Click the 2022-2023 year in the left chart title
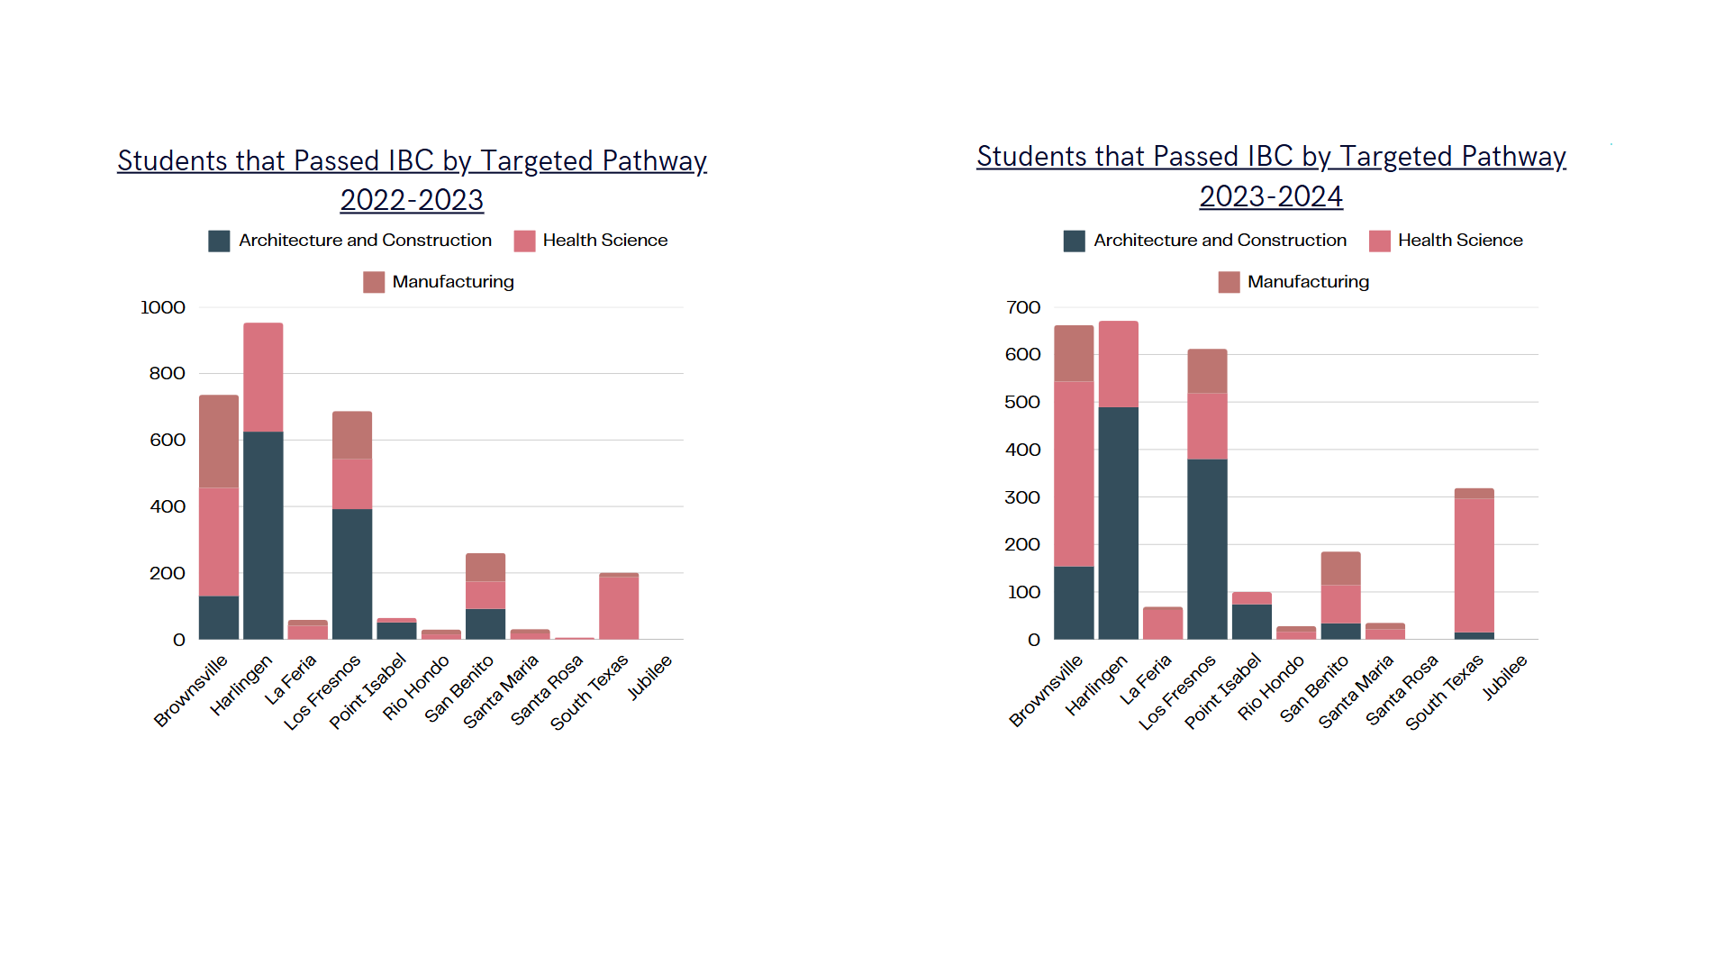click(412, 200)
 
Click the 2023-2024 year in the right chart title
click(1270, 196)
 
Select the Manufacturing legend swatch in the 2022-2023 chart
click(373, 282)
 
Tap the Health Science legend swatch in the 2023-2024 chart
click(1379, 241)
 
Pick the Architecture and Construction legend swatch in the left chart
click(219, 241)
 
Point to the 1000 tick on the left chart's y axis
click(163, 308)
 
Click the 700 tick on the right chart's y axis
click(1023, 308)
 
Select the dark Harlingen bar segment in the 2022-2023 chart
click(263, 535)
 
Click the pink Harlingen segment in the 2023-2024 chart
click(1118, 364)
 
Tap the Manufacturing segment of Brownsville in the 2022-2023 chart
click(219, 441)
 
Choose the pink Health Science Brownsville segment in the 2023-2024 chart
click(1074, 474)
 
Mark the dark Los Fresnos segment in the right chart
click(1207, 549)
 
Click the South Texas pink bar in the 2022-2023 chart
click(619, 608)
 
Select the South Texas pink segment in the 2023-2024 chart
click(1474, 565)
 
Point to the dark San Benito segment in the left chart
click(485, 624)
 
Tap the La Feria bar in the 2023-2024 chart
click(1162, 624)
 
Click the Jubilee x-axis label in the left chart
click(649, 678)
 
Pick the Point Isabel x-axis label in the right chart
click(1222, 691)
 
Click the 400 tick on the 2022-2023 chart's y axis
click(168, 507)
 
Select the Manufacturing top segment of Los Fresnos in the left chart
click(352, 435)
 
